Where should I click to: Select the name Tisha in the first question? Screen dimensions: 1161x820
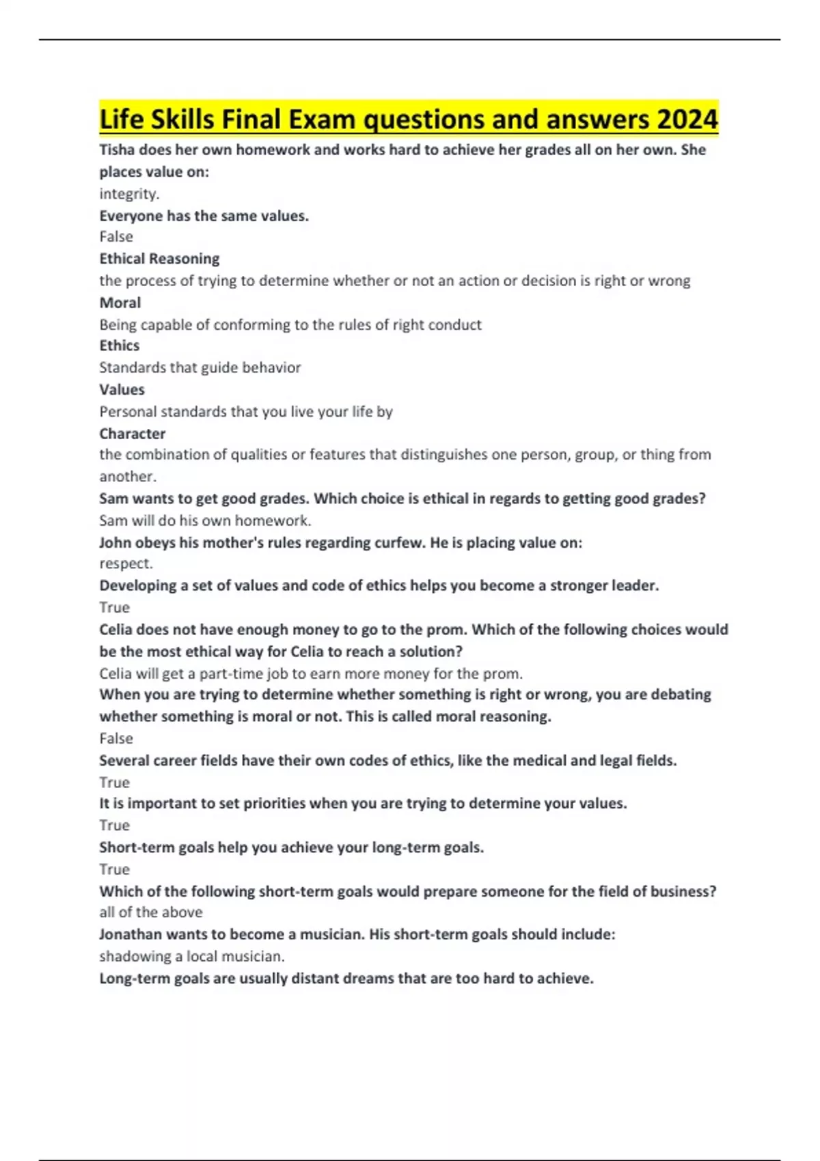117,150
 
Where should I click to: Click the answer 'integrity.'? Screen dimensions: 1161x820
129,194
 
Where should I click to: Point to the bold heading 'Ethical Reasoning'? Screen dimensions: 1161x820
159,259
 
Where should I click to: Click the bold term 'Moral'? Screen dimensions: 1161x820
120,303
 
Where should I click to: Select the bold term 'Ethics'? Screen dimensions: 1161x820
120,346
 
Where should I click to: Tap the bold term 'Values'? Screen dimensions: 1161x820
122,389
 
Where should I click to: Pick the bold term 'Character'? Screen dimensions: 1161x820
133,434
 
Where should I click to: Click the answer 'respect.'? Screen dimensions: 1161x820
126,563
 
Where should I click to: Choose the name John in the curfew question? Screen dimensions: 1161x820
115,542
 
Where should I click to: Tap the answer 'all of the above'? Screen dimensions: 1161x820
151,912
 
